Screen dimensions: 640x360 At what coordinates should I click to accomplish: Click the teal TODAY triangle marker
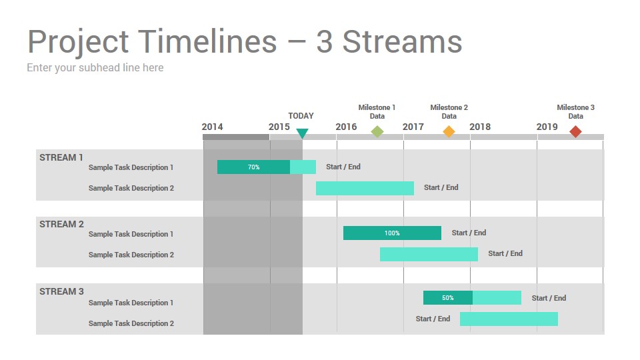pyautogui.click(x=302, y=133)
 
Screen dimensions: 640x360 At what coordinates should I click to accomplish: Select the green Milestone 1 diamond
pyautogui.click(x=377, y=131)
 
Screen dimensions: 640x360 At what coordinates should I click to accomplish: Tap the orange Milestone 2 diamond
pyautogui.click(x=449, y=131)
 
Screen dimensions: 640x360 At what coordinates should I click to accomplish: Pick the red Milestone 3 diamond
pyautogui.click(x=575, y=131)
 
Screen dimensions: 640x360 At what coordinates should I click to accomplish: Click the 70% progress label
pyautogui.click(x=253, y=167)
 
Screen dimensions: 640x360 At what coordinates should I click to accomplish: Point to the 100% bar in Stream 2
pyautogui.click(x=392, y=233)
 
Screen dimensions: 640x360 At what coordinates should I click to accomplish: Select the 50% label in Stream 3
pyautogui.click(x=448, y=298)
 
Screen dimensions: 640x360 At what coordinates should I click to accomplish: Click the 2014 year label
pyautogui.click(x=212, y=127)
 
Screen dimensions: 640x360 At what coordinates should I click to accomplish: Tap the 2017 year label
pyautogui.click(x=413, y=127)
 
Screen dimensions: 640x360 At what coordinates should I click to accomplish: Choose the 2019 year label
pyautogui.click(x=547, y=127)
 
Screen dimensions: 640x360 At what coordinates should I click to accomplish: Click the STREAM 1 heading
pyautogui.click(x=61, y=157)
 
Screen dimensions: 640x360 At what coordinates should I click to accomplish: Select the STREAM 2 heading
pyautogui.click(x=61, y=224)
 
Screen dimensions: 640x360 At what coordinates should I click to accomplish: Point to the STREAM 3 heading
pyautogui.click(x=61, y=291)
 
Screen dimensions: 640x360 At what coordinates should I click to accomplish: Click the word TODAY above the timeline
pyautogui.click(x=301, y=116)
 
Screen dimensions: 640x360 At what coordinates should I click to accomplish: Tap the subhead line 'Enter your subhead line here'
pyautogui.click(x=95, y=67)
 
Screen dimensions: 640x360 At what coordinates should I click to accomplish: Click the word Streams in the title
pyautogui.click(x=402, y=41)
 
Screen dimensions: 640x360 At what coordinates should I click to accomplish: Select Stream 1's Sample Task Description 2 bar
pyautogui.click(x=365, y=188)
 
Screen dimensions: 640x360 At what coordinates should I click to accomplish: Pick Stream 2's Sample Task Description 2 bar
pyautogui.click(x=429, y=254)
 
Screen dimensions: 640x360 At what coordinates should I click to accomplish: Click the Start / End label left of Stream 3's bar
pyautogui.click(x=433, y=319)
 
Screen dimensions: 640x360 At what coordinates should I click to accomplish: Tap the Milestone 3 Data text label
pyautogui.click(x=575, y=111)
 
